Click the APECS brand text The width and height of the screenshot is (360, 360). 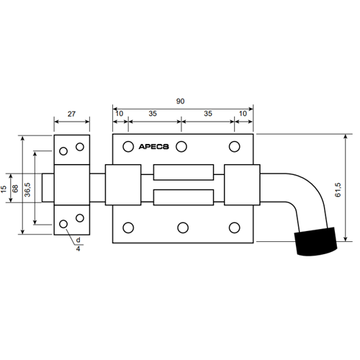click(x=153, y=147)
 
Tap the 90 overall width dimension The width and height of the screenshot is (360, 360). click(x=180, y=102)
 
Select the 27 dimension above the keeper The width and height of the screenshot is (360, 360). click(x=71, y=114)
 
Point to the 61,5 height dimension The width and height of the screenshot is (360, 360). click(x=338, y=190)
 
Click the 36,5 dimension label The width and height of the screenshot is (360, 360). click(x=27, y=189)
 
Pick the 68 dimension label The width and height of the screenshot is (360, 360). click(x=15, y=189)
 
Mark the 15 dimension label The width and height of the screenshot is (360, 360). click(x=4, y=189)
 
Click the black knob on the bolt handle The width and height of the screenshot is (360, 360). click(x=315, y=241)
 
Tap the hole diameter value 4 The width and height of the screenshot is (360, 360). click(x=78, y=249)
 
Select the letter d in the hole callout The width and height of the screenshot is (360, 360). click(x=78, y=240)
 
